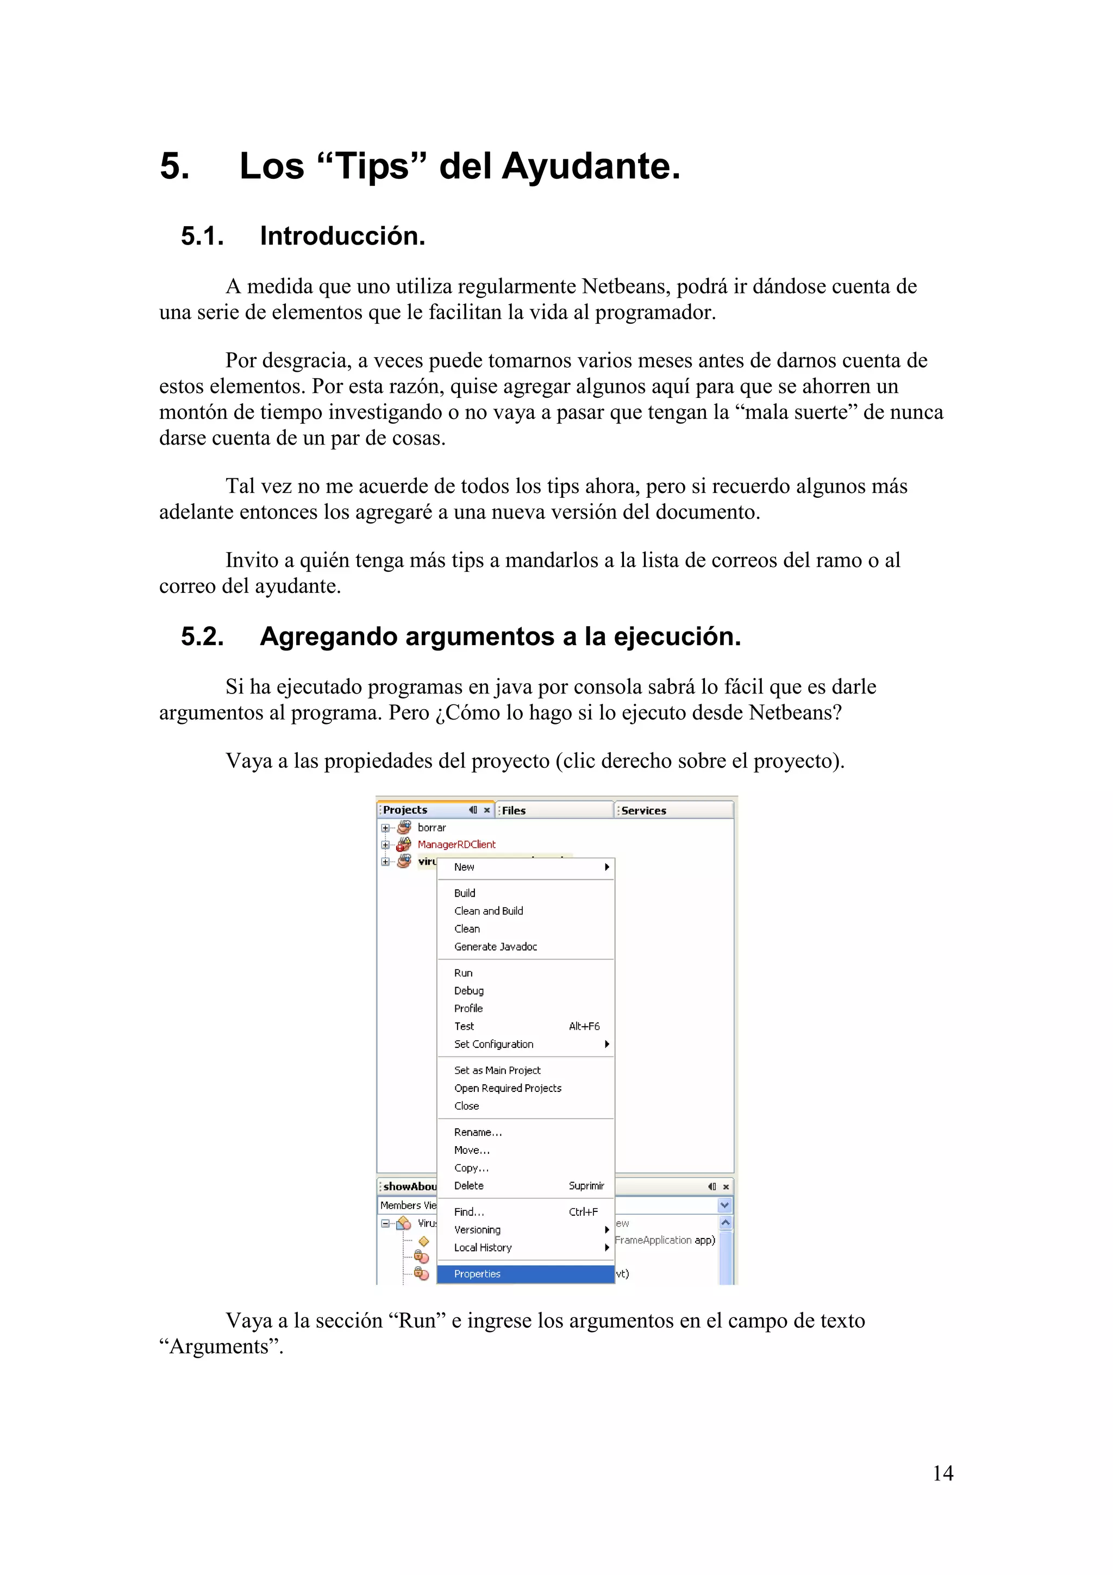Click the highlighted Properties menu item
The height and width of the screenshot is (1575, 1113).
pos(477,1274)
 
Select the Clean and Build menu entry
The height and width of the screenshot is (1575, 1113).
pos(488,911)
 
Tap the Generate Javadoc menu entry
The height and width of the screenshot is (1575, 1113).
pos(495,947)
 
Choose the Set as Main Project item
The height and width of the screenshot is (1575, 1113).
pos(497,1070)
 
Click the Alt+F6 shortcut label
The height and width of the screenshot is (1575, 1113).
pos(584,1026)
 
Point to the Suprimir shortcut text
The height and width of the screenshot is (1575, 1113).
pos(586,1185)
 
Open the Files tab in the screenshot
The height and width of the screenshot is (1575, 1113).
pos(514,810)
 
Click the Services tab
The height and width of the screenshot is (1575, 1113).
pos(643,810)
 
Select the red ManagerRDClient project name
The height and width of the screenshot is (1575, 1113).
pos(456,845)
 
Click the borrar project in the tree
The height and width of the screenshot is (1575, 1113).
pos(432,828)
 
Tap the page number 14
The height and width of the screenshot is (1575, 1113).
pos(942,1473)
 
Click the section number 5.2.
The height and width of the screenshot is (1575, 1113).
pos(202,636)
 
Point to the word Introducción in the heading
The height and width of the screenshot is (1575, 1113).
pos(342,236)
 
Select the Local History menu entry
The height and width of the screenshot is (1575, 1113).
pos(482,1248)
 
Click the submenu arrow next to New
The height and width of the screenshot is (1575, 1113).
pos(607,867)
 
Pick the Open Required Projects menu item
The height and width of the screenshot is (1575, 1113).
pos(508,1088)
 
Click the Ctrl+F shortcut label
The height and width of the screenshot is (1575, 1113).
pos(583,1212)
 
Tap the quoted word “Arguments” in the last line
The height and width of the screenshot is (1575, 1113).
pos(221,1347)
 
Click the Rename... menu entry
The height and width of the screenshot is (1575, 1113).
pos(477,1133)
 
